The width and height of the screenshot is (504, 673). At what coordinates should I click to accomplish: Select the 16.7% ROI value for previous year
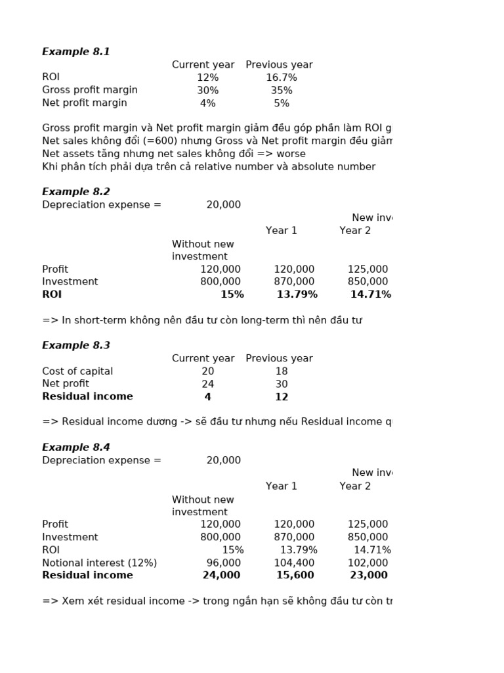pyautogui.click(x=282, y=78)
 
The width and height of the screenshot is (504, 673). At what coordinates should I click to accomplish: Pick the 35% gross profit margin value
pyautogui.click(x=282, y=90)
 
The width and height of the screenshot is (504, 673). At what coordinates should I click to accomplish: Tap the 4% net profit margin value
pyautogui.click(x=207, y=103)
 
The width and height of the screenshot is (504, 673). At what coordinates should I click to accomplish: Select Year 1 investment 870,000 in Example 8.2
pyautogui.click(x=294, y=282)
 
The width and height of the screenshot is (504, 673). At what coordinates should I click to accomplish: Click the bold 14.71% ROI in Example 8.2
pyautogui.click(x=371, y=294)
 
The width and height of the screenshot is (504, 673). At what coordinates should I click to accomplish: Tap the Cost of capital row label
pyautogui.click(x=77, y=371)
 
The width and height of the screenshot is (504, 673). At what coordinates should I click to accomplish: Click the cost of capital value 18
pyautogui.click(x=282, y=371)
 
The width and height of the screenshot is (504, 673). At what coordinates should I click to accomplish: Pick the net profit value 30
pyautogui.click(x=282, y=384)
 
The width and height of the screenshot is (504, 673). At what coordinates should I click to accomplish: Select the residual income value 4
pyautogui.click(x=207, y=397)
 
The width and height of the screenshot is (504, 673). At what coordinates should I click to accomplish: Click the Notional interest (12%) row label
pyautogui.click(x=100, y=563)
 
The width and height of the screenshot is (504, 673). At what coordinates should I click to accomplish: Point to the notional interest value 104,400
pyautogui.click(x=294, y=563)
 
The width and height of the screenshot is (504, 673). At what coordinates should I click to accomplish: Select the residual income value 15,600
pyautogui.click(x=295, y=575)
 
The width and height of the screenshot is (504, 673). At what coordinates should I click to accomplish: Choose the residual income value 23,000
pyautogui.click(x=368, y=575)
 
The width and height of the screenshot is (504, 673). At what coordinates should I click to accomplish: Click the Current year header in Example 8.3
pyautogui.click(x=203, y=358)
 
